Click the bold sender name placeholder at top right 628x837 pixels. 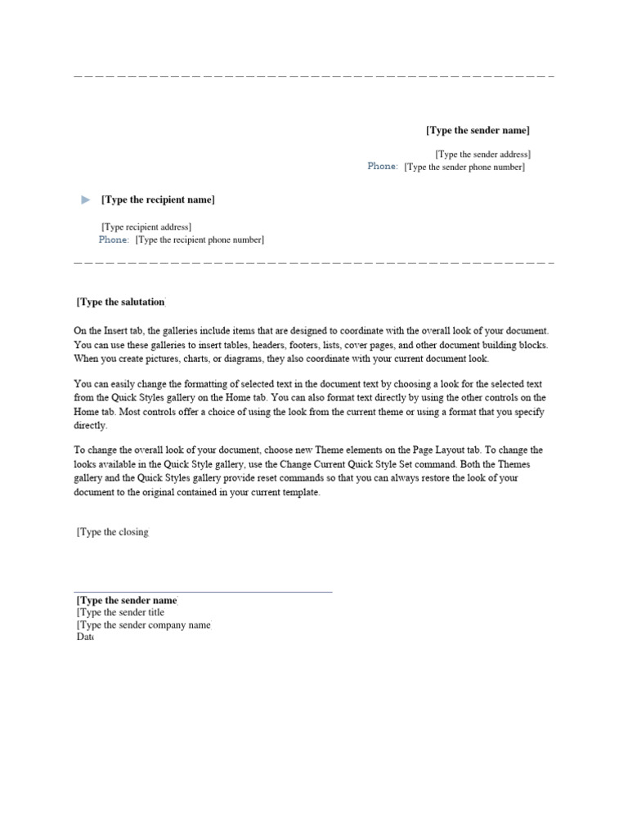[478, 131]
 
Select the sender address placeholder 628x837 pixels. [482, 154]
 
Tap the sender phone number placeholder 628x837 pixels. [464, 168]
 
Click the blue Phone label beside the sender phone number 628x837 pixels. [383, 167]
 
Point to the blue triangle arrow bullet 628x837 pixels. [87, 200]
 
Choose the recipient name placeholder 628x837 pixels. [158, 200]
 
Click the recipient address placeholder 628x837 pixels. [146, 226]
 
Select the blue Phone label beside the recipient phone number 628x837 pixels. [114, 240]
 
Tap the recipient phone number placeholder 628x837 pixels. [200, 240]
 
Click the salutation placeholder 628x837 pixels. [120, 302]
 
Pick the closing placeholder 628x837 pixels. [113, 532]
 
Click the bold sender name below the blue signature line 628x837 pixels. [127, 600]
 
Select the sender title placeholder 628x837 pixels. [120, 612]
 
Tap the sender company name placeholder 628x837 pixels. [143, 625]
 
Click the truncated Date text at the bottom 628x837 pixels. [84, 638]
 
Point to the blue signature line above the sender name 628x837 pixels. [203, 592]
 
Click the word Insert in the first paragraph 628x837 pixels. [115, 331]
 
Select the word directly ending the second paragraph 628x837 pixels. [90, 426]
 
